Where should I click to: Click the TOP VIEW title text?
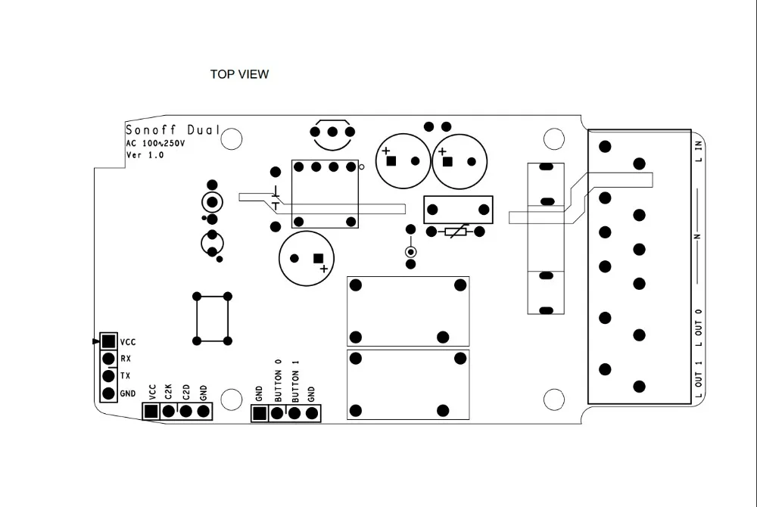click(239, 74)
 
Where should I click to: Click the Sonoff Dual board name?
click(173, 130)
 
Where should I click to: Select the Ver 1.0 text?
click(145, 154)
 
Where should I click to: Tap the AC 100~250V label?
click(155, 143)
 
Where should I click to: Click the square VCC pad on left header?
click(108, 342)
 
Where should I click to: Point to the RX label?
click(126, 359)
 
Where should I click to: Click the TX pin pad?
click(108, 376)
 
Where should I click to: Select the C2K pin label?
click(169, 392)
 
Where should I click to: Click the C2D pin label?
click(185, 392)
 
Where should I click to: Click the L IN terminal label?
click(699, 151)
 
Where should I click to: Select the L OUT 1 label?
click(699, 380)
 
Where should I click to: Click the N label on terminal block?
click(697, 237)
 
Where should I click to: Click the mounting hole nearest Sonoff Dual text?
click(232, 138)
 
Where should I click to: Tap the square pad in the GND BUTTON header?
click(260, 413)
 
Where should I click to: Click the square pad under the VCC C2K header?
click(151, 411)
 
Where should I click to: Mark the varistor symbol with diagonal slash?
click(456, 232)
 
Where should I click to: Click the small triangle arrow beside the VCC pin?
click(95, 341)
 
